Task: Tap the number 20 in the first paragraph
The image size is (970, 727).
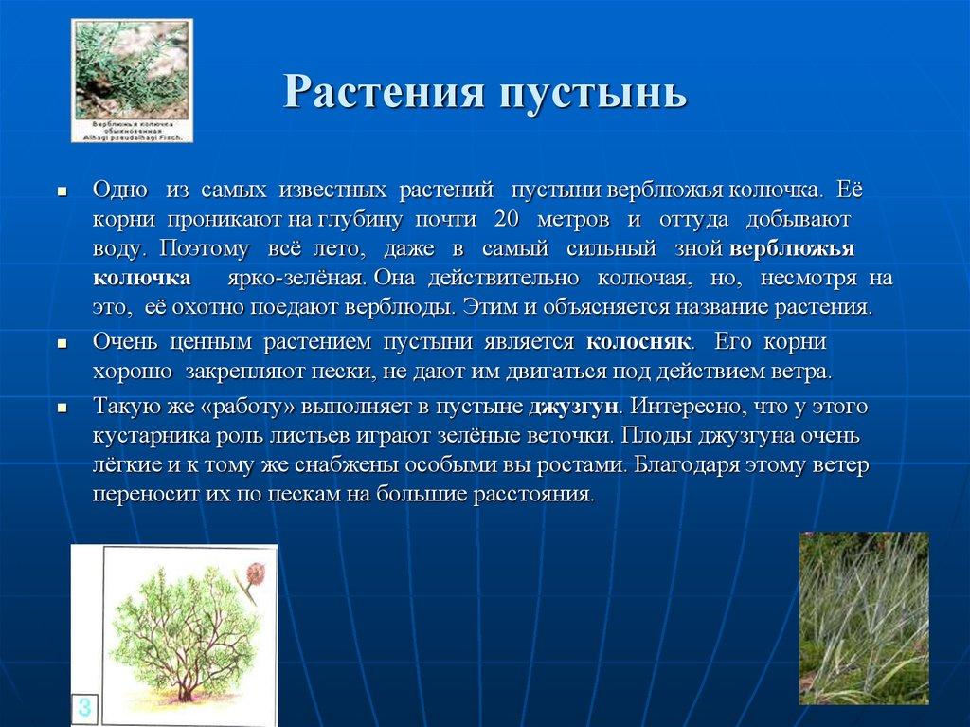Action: pos(507,220)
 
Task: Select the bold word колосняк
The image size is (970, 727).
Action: pos(639,342)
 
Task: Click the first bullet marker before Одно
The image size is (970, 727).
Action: pos(62,191)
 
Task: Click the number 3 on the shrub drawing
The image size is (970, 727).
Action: pos(85,707)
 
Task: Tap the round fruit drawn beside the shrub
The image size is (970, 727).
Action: pos(255,574)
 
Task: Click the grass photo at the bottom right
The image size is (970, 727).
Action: pos(863,618)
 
